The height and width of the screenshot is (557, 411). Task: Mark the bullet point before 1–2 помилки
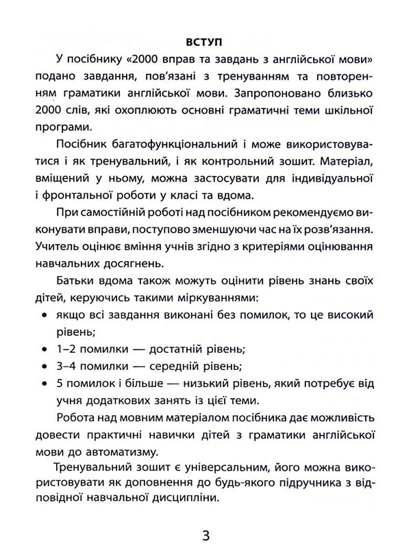(x=44, y=349)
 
